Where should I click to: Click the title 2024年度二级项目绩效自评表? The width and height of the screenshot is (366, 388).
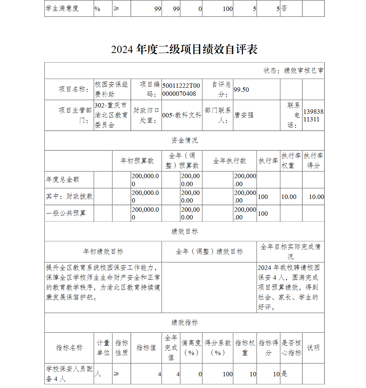tap(184, 49)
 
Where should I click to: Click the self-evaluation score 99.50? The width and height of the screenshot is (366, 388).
tap(241, 90)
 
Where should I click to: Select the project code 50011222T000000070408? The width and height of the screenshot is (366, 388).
tap(181, 90)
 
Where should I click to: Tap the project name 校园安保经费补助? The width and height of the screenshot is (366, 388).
tap(111, 89)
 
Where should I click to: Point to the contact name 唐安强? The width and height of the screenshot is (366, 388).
tap(244, 115)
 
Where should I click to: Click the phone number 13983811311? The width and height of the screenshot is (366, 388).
tap(313, 115)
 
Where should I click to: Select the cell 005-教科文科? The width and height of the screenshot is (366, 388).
tap(182, 115)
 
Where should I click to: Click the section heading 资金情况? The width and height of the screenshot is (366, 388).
tap(184, 140)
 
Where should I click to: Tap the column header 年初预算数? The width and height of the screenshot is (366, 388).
tap(137, 161)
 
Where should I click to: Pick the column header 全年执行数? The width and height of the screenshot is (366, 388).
tap(229, 161)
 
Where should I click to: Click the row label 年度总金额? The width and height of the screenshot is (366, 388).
tap(63, 180)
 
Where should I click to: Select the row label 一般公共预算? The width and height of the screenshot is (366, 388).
tap(66, 213)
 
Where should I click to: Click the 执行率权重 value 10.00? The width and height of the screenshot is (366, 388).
tap(289, 197)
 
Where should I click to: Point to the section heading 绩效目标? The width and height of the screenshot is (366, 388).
tap(184, 231)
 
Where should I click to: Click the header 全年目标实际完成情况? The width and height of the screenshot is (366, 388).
tap(290, 251)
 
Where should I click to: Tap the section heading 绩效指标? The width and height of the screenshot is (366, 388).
tap(184, 323)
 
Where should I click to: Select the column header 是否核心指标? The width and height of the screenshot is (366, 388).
tap(291, 348)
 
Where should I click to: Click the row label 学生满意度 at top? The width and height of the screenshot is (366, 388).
tap(62, 8)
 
